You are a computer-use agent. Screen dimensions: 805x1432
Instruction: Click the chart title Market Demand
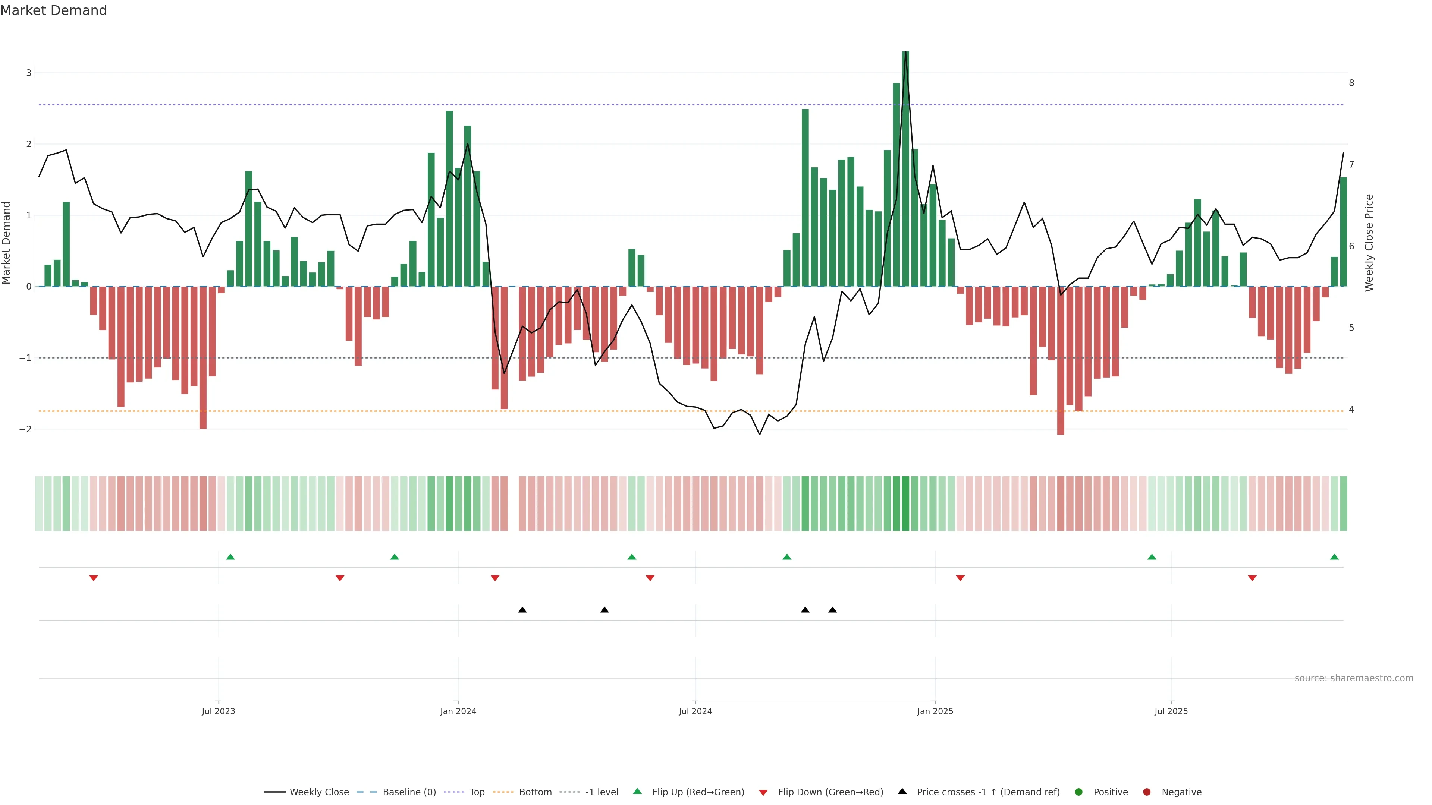pyautogui.click(x=53, y=10)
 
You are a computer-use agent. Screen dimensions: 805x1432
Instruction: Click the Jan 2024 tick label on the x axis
pyautogui.click(x=458, y=711)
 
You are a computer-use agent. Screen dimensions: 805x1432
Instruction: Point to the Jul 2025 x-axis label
pyautogui.click(x=1171, y=711)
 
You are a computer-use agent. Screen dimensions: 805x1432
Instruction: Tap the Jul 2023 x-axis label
pyautogui.click(x=219, y=711)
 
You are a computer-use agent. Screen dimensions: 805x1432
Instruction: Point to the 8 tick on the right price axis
pyautogui.click(x=1351, y=83)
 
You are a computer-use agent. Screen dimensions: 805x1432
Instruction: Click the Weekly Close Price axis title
pyautogui.click(x=1369, y=243)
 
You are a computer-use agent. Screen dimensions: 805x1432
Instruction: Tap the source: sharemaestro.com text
pyautogui.click(x=1354, y=678)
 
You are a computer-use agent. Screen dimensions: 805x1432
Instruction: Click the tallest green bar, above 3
pyautogui.click(x=905, y=167)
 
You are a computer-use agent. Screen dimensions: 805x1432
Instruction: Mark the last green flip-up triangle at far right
pyautogui.click(x=1334, y=557)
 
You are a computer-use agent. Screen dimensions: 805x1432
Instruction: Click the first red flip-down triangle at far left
pyautogui.click(x=93, y=578)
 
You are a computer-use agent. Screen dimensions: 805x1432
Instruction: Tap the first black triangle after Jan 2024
pyautogui.click(x=522, y=610)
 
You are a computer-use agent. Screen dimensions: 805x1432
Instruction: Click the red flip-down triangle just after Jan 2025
pyautogui.click(x=960, y=578)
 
